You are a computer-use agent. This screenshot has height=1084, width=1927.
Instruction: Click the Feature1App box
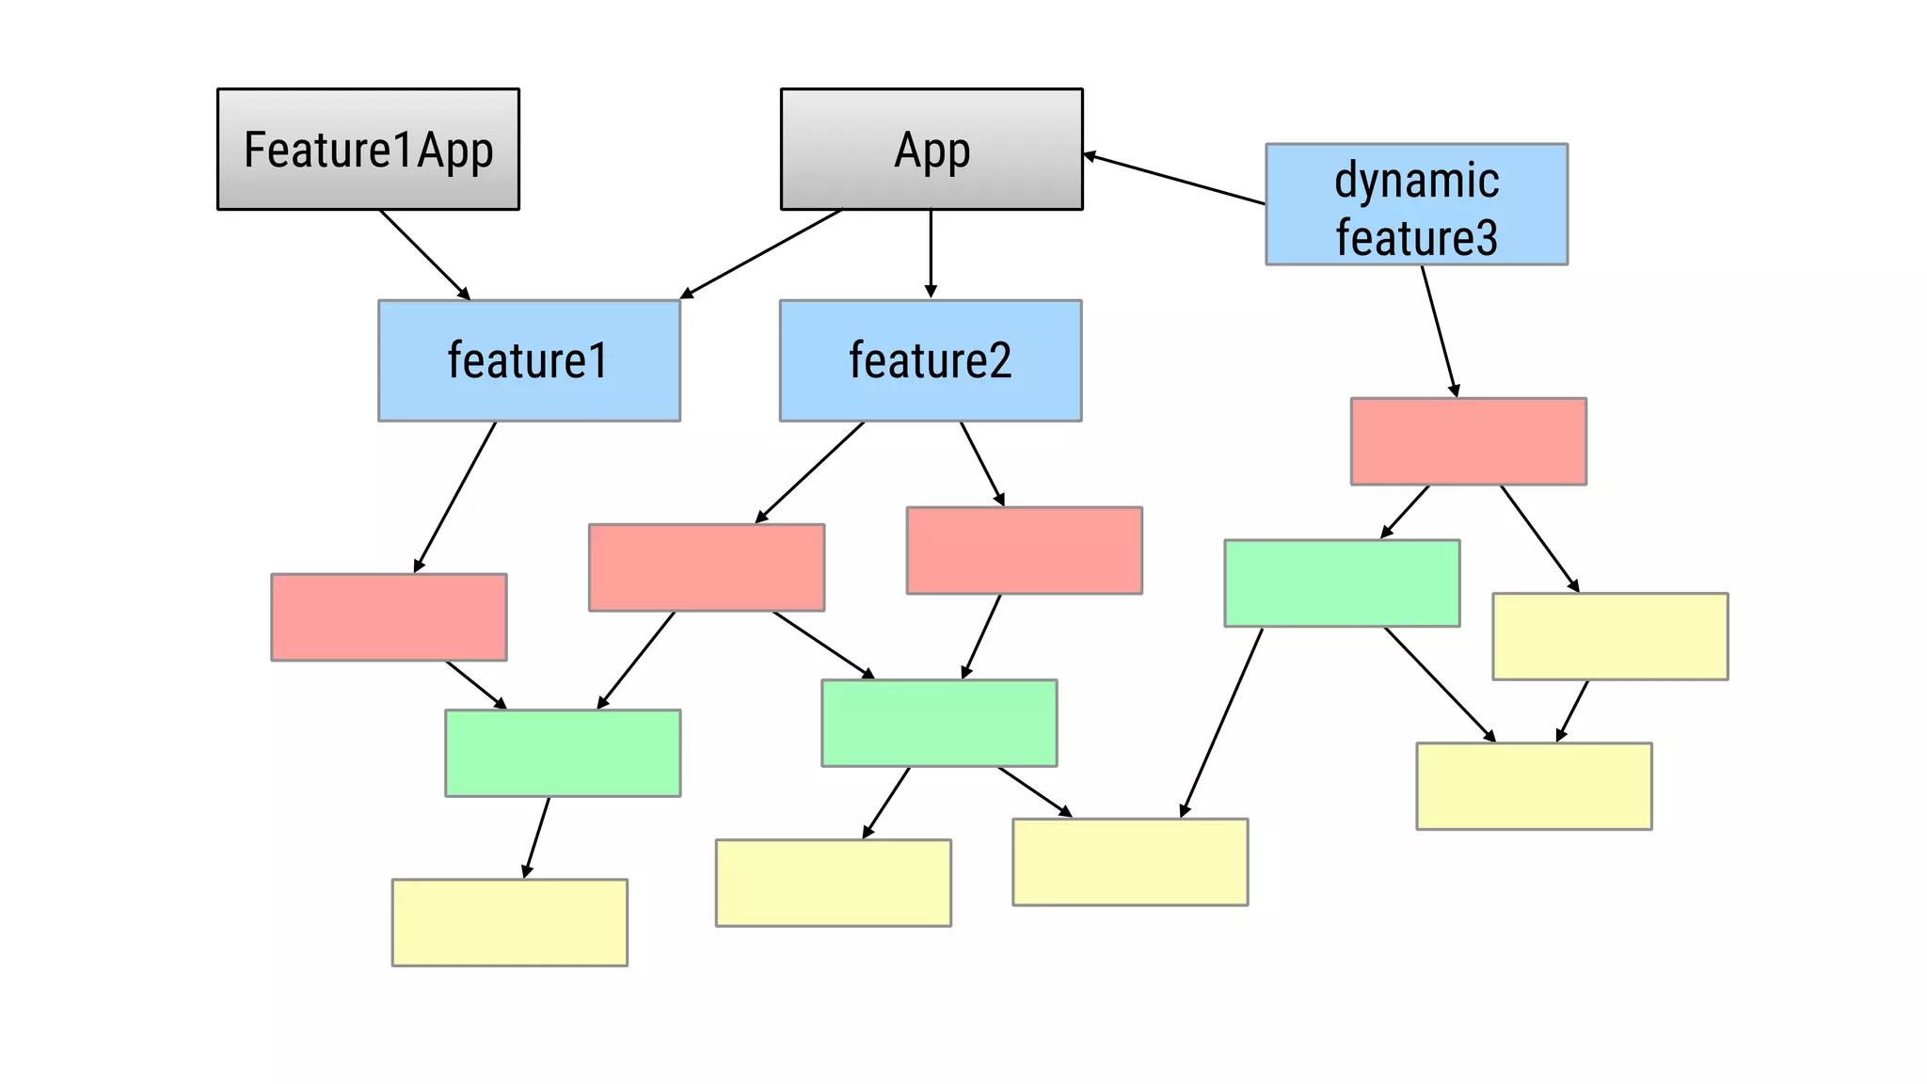(x=368, y=149)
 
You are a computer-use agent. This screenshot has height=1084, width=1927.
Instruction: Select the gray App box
(x=932, y=149)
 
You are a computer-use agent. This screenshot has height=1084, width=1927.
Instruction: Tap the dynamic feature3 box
(x=1416, y=204)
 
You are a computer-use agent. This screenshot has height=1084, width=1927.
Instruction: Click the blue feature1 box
(x=529, y=360)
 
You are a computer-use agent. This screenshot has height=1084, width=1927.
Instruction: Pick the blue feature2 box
(x=931, y=360)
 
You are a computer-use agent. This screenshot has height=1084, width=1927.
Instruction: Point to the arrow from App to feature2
(x=931, y=252)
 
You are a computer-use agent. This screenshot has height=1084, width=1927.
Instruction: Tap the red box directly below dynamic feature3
(x=1468, y=441)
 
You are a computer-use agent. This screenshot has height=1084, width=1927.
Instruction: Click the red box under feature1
(x=389, y=617)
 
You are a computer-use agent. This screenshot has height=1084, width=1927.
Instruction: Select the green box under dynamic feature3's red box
(x=1342, y=582)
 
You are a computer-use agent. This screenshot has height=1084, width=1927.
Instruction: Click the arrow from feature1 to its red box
(x=455, y=496)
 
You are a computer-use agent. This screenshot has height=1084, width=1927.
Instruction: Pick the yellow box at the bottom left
(x=509, y=922)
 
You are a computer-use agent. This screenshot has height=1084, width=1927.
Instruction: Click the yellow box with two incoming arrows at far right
(x=1534, y=786)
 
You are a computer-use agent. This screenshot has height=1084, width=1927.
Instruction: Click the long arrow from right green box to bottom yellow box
(x=1222, y=722)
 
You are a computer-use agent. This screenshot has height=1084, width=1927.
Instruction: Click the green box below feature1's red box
(x=563, y=753)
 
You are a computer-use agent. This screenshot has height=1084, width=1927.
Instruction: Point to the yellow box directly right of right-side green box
(x=1610, y=636)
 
